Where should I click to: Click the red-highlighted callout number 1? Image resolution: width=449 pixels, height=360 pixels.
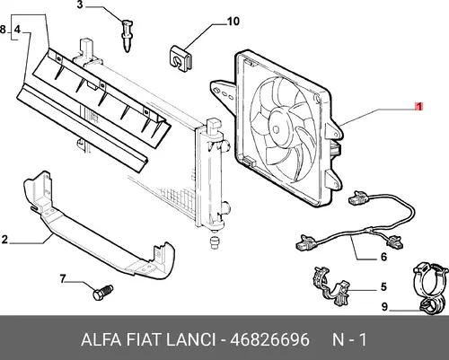coord(418,107)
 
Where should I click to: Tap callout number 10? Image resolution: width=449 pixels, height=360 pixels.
coord(233,22)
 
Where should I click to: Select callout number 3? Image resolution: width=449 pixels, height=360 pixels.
coord(80,5)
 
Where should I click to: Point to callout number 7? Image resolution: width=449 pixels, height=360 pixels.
coord(63,279)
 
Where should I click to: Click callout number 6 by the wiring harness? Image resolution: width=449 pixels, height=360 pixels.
coord(383,257)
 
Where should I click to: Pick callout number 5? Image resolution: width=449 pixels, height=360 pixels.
coord(383,287)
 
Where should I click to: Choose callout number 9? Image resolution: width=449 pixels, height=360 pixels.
coord(384,307)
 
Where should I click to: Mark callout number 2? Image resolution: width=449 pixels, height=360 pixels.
coord(4,240)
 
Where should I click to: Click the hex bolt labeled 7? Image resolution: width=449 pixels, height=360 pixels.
coord(103,292)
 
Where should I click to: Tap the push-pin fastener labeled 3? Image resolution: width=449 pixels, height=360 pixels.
coord(128,35)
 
